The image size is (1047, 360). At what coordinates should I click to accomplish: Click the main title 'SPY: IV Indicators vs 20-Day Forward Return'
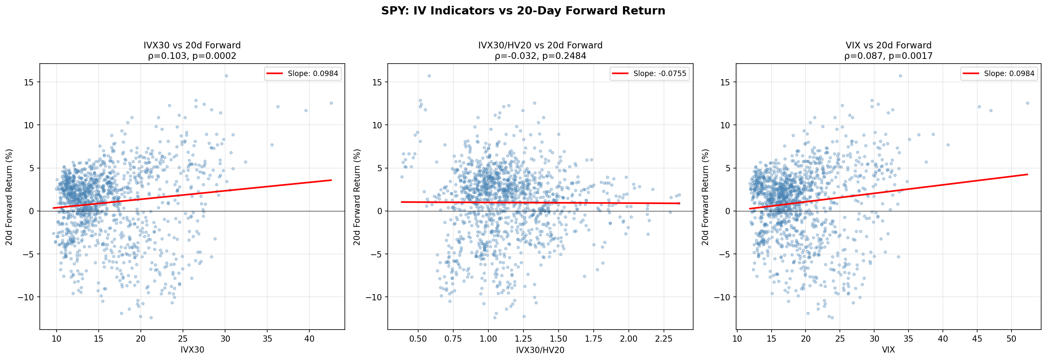[x=523, y=11]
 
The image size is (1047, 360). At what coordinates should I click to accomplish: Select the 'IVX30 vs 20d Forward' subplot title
[x=192, y=46]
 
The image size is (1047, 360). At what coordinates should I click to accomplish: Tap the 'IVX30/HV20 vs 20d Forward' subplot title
[x=540, y=46]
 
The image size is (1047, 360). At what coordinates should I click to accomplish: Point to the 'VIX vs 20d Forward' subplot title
[x=888, y=46]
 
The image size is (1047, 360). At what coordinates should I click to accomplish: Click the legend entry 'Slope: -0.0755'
[x=649, y=74]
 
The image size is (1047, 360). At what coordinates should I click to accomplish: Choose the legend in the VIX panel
[x=999, y=74]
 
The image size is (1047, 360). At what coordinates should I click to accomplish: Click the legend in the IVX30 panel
[x=302, y=74]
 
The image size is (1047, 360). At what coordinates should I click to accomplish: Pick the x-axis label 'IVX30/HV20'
[x=540, y=350]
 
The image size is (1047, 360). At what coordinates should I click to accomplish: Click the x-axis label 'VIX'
[x=888, y=350]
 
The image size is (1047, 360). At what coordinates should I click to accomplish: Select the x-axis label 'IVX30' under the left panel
[x=192, y=350]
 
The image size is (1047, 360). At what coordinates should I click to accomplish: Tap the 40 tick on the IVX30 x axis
[x=309, y=339]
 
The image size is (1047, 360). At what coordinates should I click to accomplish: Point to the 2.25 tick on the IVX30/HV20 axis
[x=664, y=339]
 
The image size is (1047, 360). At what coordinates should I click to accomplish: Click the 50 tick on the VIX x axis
[x=1011, y=339]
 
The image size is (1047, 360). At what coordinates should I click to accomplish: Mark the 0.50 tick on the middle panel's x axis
[x=418, y=339]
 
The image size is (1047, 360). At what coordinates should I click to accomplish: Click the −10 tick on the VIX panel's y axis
[x=722, y=298]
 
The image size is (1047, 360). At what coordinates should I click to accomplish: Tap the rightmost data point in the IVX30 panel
[x=331, y=103]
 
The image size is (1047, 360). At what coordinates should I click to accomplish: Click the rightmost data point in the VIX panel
[x=1027, y=103]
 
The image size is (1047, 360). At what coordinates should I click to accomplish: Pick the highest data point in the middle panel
[x=429, y=76]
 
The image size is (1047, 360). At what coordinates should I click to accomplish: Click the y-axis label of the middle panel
[x=357, y=197]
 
